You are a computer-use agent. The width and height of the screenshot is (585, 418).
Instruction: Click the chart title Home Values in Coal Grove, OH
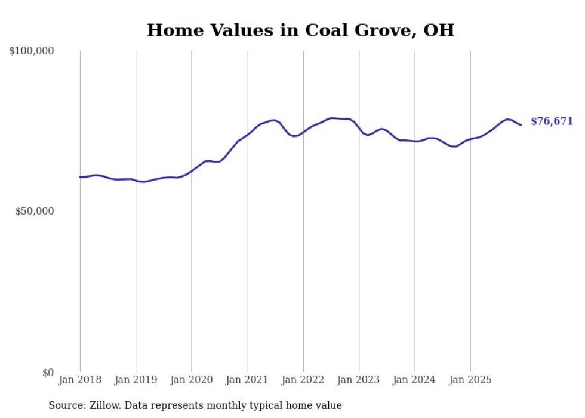(300, 30)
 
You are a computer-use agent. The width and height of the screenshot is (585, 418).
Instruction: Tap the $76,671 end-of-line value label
(552, 121)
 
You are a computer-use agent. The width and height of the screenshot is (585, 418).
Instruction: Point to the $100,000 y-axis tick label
(32, 51)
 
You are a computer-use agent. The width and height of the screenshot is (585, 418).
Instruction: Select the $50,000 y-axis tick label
(35, 211)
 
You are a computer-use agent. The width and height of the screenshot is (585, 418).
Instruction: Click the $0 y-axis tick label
(48, 373)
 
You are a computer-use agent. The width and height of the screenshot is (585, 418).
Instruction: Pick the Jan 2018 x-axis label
(80, 380)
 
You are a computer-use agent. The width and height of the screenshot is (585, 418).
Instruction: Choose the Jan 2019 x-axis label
(136, 380)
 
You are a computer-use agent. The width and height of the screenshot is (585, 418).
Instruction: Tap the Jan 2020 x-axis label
(192, 380)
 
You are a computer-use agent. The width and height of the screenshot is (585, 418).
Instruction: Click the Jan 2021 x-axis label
(247, 380)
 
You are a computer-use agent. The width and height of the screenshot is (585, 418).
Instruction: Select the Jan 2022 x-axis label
(303, 380)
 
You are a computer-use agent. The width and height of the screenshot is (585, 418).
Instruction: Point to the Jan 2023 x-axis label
(359, 380)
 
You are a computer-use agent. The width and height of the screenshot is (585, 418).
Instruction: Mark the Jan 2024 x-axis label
(415, 380)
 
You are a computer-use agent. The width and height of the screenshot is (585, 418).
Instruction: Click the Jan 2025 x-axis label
(470, 380)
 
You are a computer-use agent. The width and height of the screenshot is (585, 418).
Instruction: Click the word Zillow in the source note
(103, 405)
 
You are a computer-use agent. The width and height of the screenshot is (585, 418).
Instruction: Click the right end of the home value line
(521, 125)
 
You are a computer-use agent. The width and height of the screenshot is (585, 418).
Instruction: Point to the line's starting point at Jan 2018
(80, 177)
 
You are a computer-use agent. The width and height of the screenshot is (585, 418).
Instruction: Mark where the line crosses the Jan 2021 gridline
(248, 134)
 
